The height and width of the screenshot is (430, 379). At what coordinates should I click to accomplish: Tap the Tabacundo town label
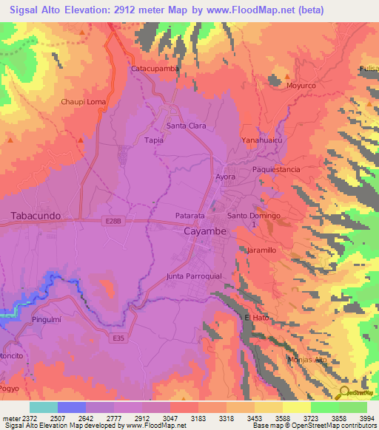tap(36, 216)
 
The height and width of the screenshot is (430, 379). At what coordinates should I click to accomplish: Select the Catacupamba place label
tap(155, 69)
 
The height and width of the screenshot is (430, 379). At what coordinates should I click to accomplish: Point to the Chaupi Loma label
tap(84, 102)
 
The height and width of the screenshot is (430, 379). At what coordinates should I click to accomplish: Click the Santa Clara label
tap(186, 126)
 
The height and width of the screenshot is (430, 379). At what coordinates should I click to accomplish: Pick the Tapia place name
tap(154, 140)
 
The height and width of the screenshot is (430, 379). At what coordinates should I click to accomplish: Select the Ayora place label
tap(225, 177)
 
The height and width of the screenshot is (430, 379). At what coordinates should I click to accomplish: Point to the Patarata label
tap(189, 215)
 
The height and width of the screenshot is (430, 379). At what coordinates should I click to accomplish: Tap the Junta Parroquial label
tap(195, 276)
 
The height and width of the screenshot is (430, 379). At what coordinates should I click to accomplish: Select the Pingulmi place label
tap(50, 320)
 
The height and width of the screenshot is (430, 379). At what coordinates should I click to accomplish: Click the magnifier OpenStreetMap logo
tap(343, 392)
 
